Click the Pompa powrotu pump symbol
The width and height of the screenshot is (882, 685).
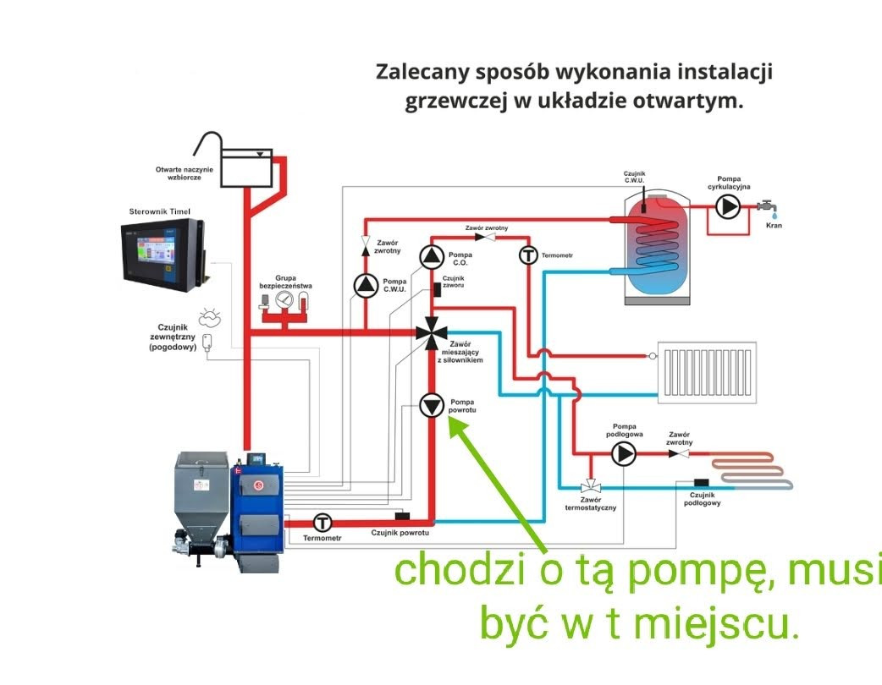[x=432, y=406]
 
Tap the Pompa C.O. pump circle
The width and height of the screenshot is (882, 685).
[x=432, y=256]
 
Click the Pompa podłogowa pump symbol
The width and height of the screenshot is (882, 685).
[x=624, y=454]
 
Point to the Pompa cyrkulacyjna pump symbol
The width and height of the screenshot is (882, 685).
[x=726, y=206]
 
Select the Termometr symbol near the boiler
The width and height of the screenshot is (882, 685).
[x=322, y=522]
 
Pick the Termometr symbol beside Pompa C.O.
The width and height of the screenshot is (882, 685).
[x=529, y=255]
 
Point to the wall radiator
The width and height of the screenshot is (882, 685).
[x=710, y=373]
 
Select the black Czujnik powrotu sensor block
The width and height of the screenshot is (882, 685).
[x=403, y=516]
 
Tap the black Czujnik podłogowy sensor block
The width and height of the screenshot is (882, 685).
[x=701, y=483]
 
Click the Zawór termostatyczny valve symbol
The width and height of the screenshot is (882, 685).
[x=590, y=487]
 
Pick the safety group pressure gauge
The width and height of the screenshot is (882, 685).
[x=284, y=299]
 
